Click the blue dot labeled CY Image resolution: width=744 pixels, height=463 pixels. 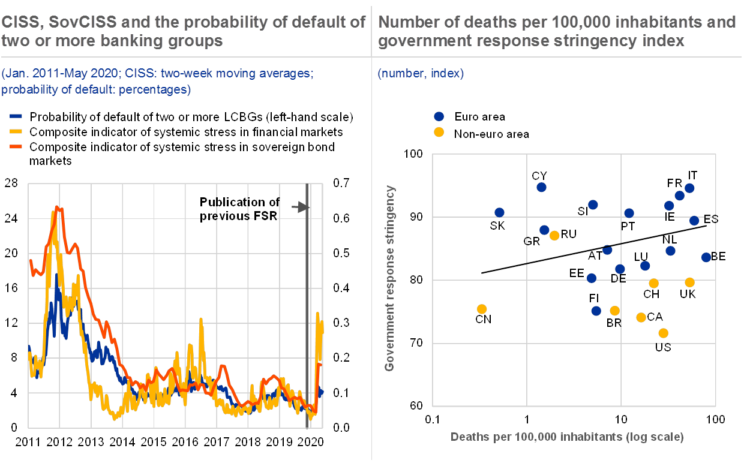541,187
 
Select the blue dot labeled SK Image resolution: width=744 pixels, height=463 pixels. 499,212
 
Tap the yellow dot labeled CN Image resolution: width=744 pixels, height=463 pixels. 482,309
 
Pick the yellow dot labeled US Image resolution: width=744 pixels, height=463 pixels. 663,333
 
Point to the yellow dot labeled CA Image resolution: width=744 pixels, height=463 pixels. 641,317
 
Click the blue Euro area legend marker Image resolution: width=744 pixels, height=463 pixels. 439,116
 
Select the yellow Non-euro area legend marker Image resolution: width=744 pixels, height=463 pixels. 439,133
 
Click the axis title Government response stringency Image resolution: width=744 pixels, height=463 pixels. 390,278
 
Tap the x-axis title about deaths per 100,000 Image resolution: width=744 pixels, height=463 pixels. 567,437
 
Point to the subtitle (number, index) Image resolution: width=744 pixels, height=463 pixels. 420,74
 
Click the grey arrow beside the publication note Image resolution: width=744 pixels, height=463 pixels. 299,208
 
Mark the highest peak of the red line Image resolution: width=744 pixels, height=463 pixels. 58,207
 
